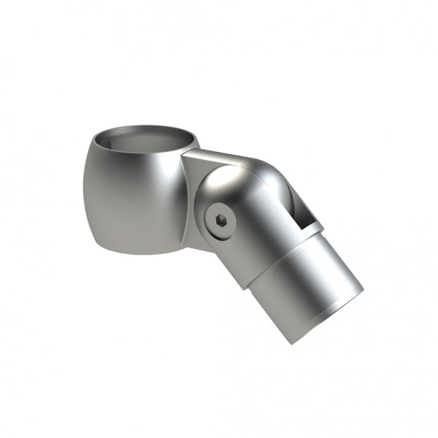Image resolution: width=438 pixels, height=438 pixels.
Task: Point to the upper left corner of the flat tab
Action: pyautogui.click(x=185, y=153)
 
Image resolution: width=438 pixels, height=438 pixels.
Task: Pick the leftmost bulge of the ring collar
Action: pyautogui.click(x=85, y=190)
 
